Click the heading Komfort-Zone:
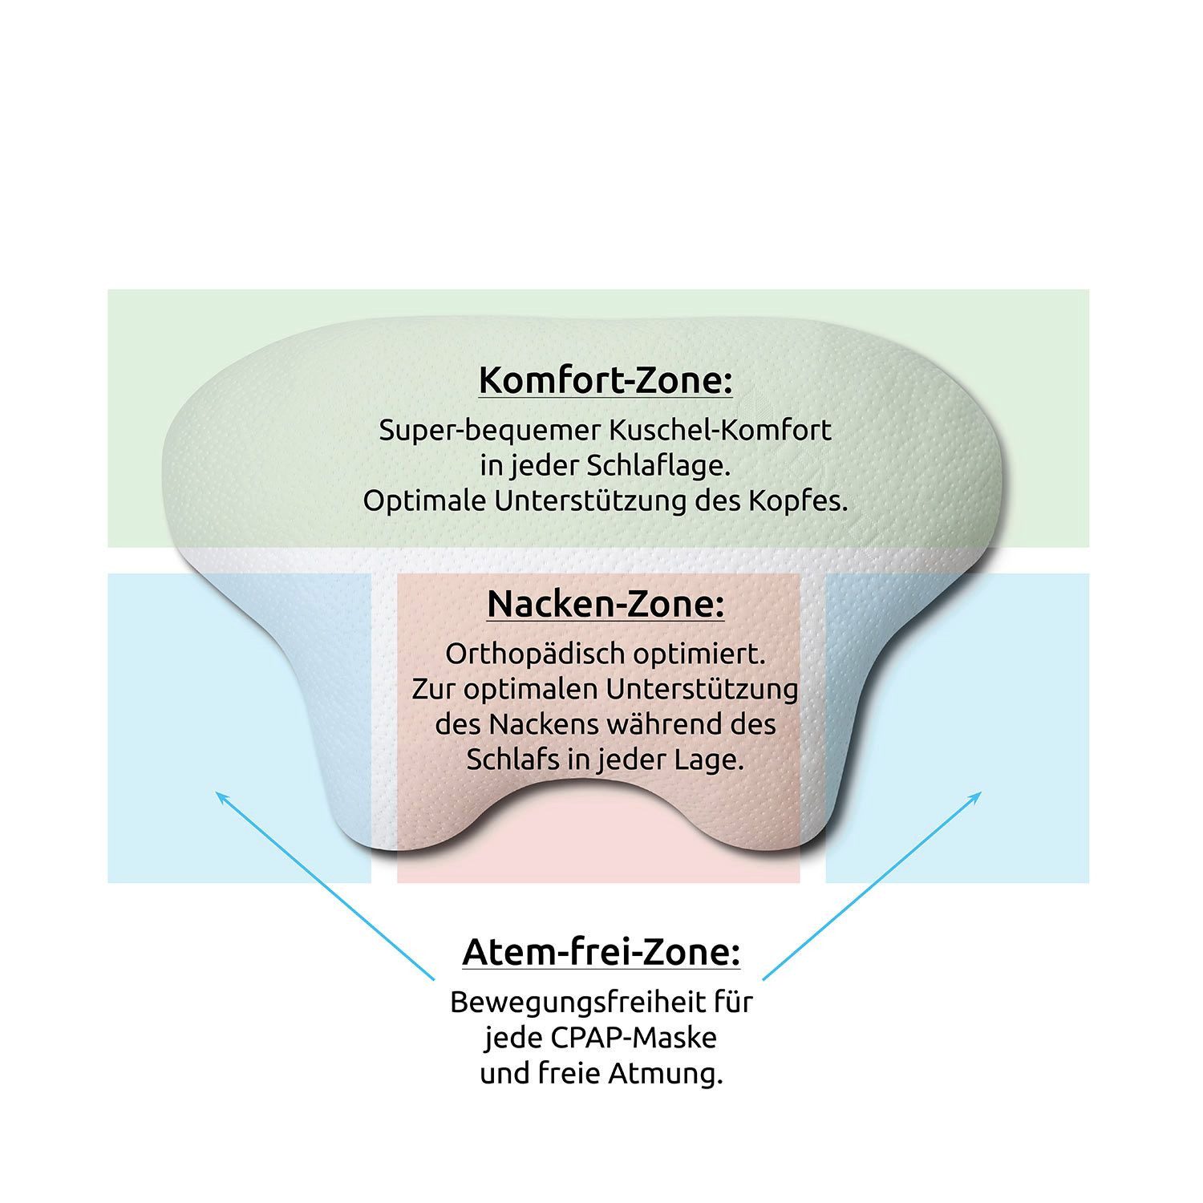pos(606,381)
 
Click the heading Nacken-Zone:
pos(606,604)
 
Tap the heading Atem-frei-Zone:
pos(601,953)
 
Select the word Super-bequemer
pos(490,431)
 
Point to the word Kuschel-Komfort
pos(721,430)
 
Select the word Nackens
pos(545,725)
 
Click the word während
pos(669,725)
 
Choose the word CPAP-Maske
pos(633,1039)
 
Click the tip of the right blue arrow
pos(982,792)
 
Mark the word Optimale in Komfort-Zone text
pos(425,502)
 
